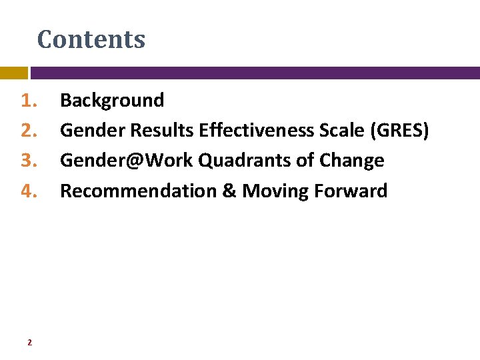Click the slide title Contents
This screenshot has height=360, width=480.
(x=91, y=39)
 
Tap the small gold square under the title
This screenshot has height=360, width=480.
(x=13, y=73)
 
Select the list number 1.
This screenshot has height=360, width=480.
(x=28, y=101)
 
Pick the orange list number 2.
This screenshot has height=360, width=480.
(x=28, y=131)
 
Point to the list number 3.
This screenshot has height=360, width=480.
(x=28, y=161)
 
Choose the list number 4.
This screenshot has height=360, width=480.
(x=28, y=191)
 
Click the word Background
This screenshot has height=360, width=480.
(x=112, y=101)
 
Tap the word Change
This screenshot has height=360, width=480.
(x=351, y=161)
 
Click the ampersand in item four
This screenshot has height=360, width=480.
(x=229, y=191)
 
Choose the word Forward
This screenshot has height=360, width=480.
(x=351, y=191)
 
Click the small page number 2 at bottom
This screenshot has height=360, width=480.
(x=29, y=343)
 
